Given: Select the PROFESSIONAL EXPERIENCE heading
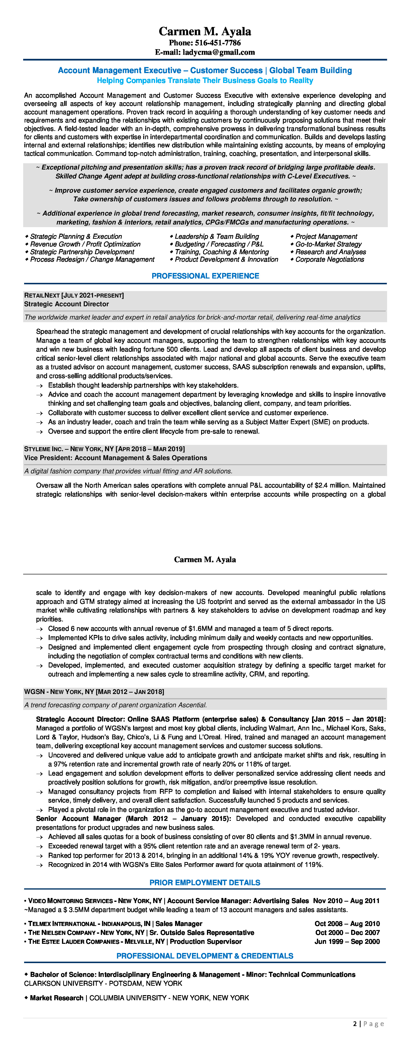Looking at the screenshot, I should tap(205, 276).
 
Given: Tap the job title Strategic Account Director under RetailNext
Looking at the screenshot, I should tap(66, 304).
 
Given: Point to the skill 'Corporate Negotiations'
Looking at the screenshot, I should tap(330, 259).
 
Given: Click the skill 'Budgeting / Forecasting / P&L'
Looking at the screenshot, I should tap(219, 244).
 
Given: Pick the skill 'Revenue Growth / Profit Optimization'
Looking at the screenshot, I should tap(85, 244).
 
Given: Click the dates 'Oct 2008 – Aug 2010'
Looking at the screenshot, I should tap(347, 924).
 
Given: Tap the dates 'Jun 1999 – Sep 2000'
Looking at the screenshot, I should tap(347, 942).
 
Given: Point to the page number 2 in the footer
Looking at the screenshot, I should tap(355, 1024).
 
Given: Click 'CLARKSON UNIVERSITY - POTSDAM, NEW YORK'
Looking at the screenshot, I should tap(103, 984).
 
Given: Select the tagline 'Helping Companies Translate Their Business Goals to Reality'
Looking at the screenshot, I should tap(205, 81).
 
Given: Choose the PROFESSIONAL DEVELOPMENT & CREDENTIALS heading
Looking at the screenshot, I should tap(205, 956).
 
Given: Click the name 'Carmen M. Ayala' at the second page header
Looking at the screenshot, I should tap(205, 560).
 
